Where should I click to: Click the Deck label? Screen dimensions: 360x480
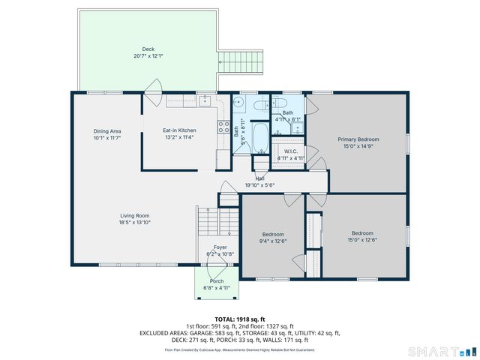(148, 49)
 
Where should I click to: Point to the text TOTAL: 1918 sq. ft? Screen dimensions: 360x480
(239, 319)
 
